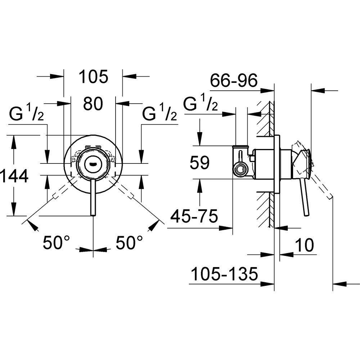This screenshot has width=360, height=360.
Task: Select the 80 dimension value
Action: click(93, 104)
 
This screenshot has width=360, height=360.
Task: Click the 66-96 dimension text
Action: click(234, 80)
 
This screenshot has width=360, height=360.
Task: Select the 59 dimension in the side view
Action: click(200, 163)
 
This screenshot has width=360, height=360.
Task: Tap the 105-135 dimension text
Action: click(224, 274)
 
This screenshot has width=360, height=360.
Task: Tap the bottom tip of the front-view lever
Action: click(93, 215)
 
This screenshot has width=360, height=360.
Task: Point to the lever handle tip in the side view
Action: click(306, 215)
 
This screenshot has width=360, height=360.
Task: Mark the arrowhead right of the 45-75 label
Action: click(229, 227)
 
